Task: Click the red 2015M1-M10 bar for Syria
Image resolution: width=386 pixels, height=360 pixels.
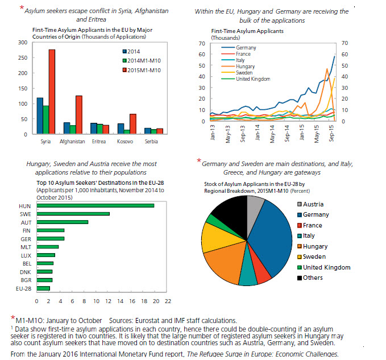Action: coord(52,92)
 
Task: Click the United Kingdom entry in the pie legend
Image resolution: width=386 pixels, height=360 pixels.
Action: coord(327,267)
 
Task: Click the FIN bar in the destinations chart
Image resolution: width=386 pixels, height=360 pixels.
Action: coord(51,230)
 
